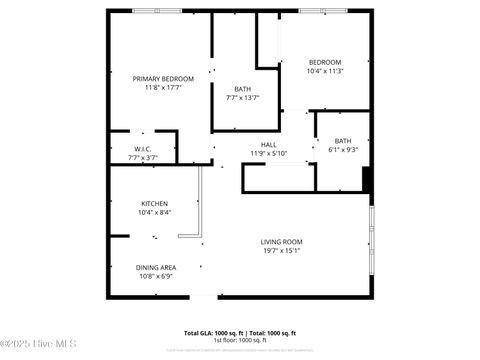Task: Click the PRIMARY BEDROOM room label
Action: coord(163,78)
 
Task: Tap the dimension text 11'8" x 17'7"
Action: coord(163,87)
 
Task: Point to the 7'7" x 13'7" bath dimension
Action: coord(243,97)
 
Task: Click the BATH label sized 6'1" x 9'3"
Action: coord(343,141)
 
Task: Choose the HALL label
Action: coord(268,144)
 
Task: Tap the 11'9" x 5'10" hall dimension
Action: coord(268,153)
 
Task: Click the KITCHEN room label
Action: coord(154,203)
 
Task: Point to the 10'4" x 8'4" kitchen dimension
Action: coord(154,212)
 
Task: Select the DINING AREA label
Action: coord(156,267)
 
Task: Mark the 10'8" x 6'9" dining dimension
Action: coord(156,276)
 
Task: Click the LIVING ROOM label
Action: coord(281,241)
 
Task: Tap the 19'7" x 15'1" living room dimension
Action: coord(281,250)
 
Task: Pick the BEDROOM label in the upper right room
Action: coord(324,62)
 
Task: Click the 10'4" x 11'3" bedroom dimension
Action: coord(324,71)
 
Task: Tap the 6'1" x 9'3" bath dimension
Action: coord(343,150)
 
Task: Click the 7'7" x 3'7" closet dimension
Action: coord(144,158)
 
